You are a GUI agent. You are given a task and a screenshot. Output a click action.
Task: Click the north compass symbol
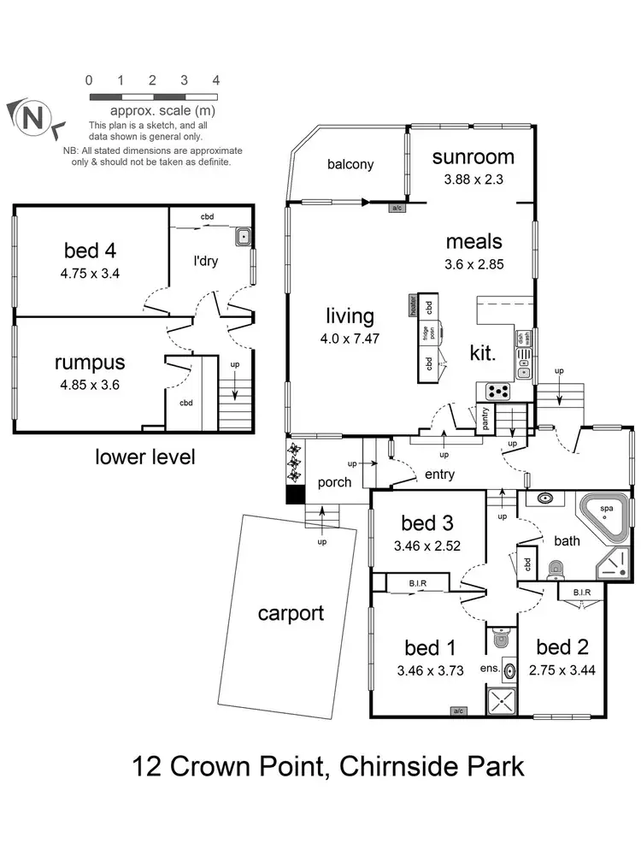point(32,118)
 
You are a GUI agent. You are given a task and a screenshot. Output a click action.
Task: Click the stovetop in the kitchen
point(497,392)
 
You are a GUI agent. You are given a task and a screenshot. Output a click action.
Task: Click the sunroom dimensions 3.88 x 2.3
point(473,179)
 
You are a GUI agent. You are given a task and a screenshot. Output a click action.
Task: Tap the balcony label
point(350,164)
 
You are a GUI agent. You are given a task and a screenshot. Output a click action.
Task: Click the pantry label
point(485,419)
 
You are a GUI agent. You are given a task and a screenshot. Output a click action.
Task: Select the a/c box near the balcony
point(397,208)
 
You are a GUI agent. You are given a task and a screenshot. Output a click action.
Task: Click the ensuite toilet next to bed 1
point(503,637)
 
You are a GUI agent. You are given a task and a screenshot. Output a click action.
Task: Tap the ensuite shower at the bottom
point(503,703)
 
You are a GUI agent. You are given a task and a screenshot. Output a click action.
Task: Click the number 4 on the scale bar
point(216,80)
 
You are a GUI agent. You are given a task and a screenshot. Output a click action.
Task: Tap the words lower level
point(144,457)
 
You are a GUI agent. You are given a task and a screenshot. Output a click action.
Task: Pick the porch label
point(334,482)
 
